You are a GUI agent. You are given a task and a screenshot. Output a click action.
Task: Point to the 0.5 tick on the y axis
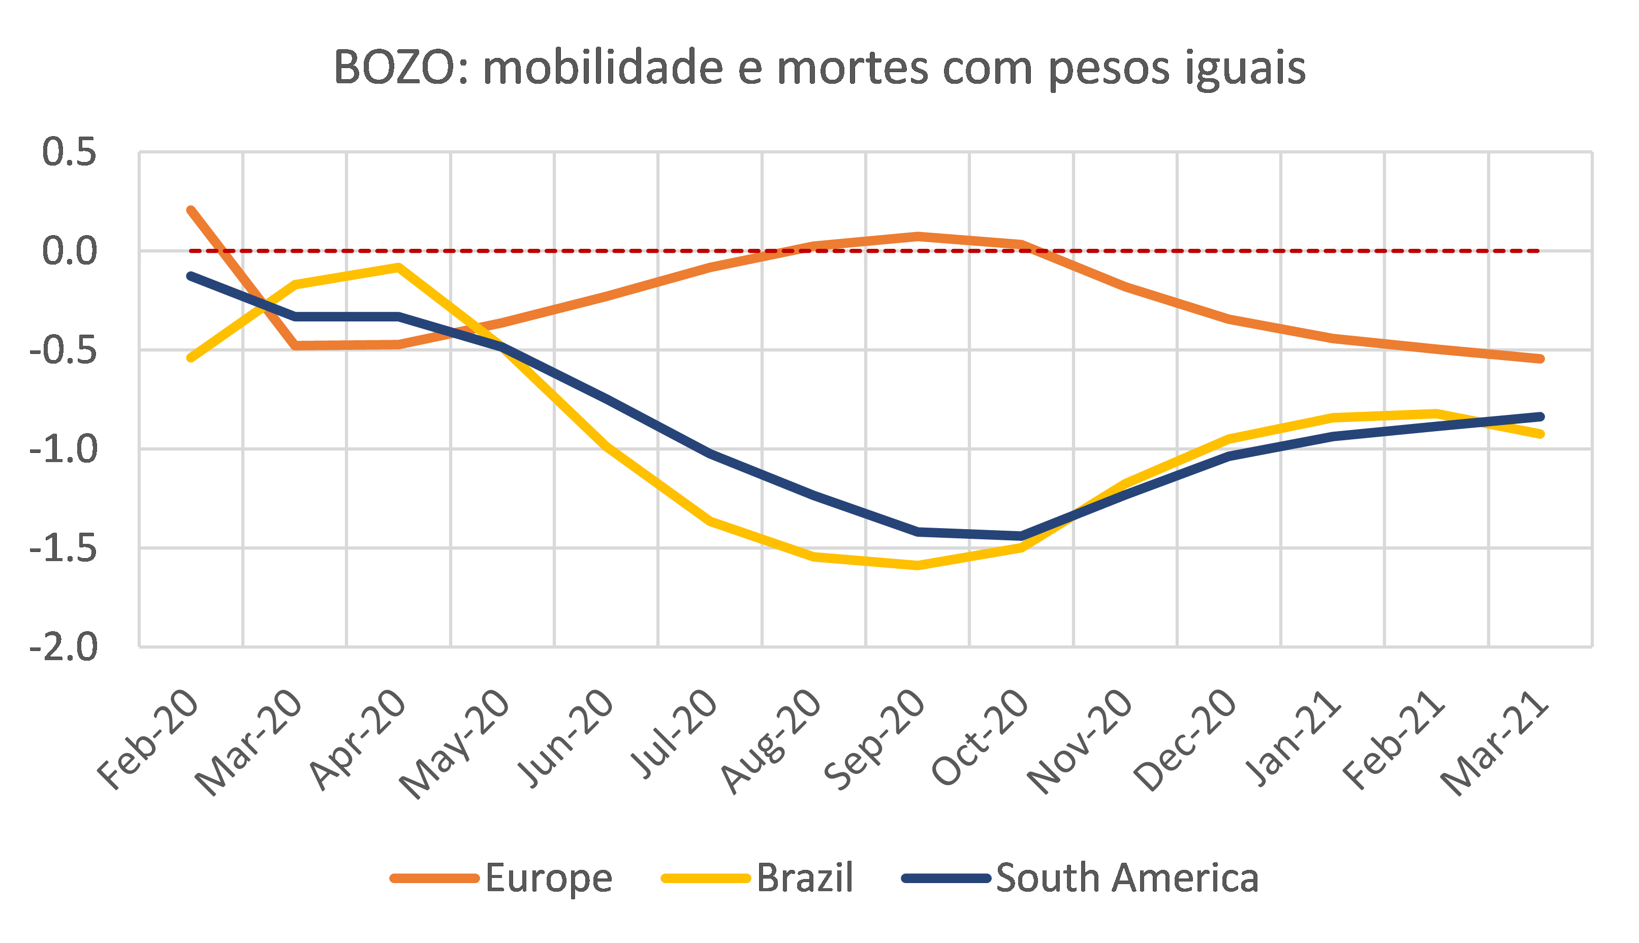pyautogui.click(x=69, y=153)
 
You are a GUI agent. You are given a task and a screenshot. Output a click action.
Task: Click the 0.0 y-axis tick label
pyautogui.click(x=69, y=251)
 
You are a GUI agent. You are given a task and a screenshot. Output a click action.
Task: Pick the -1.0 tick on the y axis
pyautogui.click(x=64, y=449)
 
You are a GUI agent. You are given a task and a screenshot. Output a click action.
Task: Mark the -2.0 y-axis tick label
pyautogui.click(x=64, y=647)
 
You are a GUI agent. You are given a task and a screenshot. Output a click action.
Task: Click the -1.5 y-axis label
pyautogui.click(x=64, y=548)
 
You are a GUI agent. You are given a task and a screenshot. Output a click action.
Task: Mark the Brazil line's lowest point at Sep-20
pyautogui.click(x=918, y=565)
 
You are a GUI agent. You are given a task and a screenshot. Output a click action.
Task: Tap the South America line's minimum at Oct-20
pyautogui.click(x=1022, y=536)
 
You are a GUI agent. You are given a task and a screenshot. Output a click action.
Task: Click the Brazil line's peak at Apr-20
pyautogui.click(x=398, y=267)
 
